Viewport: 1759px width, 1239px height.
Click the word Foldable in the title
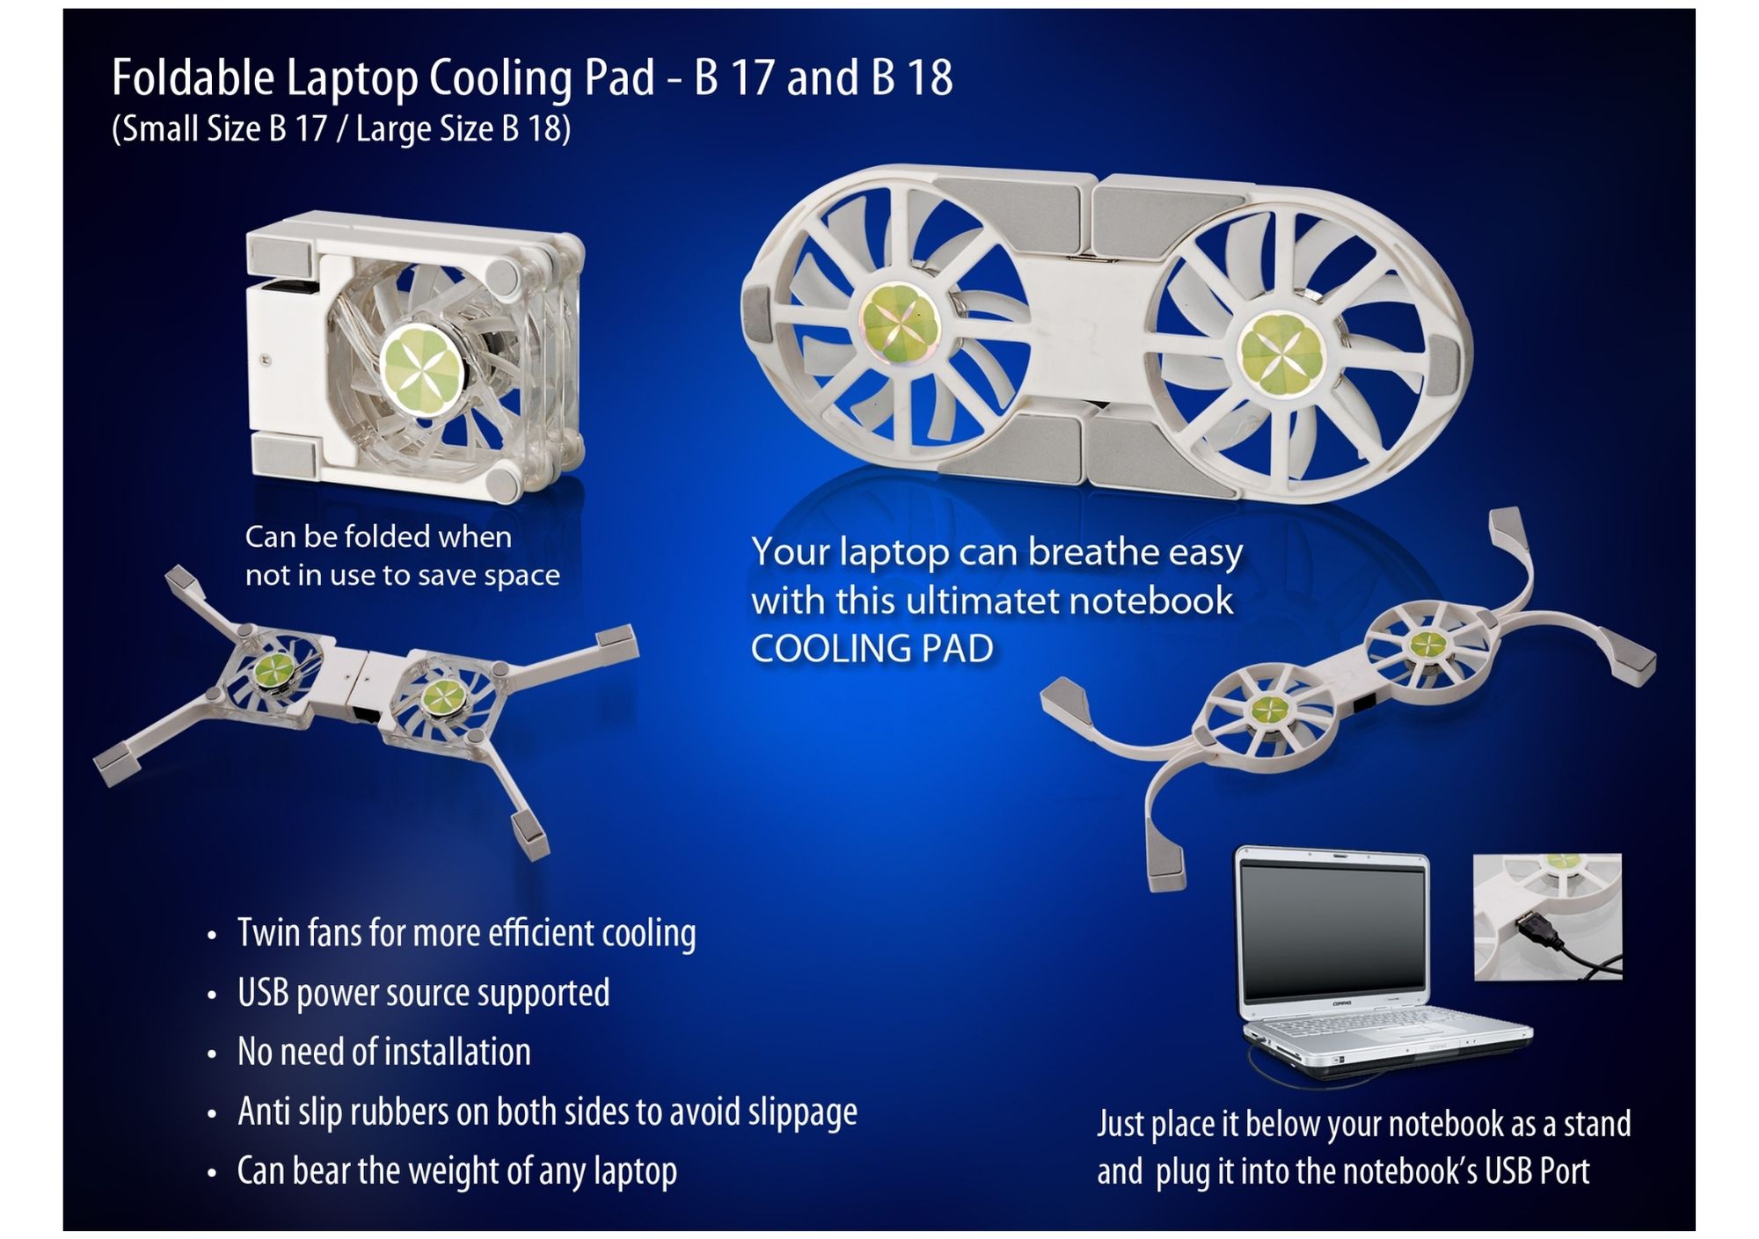193,77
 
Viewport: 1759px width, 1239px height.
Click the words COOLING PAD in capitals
872,649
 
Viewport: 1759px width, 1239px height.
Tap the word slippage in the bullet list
802,1113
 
